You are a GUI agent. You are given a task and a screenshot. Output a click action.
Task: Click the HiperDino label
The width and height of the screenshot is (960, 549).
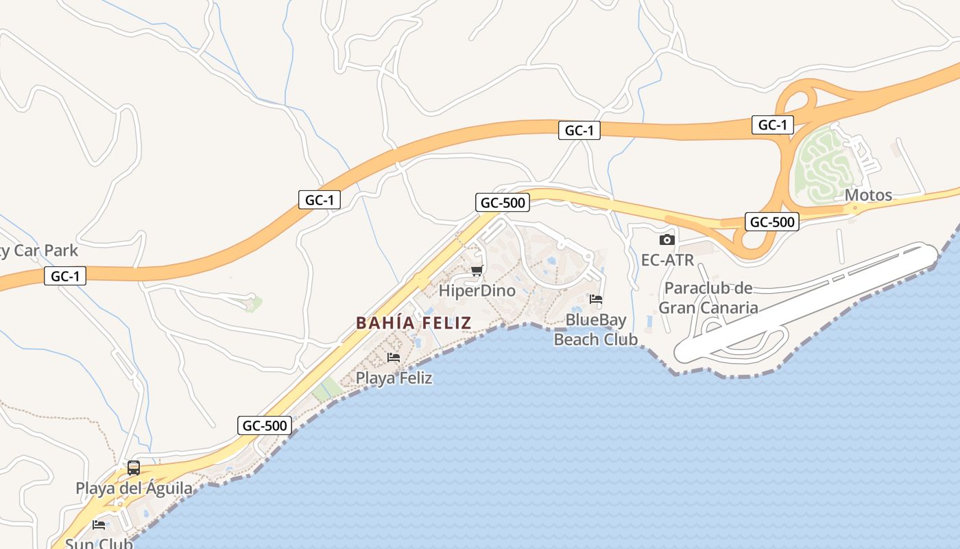point(477,290)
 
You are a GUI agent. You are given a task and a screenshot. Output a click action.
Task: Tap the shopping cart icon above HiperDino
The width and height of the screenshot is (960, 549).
point(477,270)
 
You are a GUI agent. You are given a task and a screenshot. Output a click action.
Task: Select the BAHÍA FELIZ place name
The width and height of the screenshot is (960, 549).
point(413,323)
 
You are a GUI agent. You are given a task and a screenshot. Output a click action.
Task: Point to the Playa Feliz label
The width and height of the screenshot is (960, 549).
point(394,377)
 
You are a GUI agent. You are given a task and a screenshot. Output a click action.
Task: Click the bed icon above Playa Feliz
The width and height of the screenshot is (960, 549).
point(394,358)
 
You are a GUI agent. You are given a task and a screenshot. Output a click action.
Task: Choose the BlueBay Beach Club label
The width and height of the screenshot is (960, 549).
point(595,329)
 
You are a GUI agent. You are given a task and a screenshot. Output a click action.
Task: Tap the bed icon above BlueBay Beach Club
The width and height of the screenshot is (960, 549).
point(596,299)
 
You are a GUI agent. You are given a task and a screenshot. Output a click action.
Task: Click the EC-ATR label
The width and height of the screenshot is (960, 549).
point(667,260)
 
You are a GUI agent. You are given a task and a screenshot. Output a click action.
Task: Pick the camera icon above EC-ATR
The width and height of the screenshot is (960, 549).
point(667,240)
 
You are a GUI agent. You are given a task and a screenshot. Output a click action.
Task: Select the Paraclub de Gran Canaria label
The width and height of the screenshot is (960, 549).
point(708,297)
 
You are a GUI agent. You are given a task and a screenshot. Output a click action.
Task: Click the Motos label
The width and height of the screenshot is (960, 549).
point(868,195)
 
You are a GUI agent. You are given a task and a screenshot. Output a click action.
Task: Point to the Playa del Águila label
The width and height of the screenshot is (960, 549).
point(134,488)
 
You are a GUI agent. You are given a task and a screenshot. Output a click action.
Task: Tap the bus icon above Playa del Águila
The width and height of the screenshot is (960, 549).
point(134,468)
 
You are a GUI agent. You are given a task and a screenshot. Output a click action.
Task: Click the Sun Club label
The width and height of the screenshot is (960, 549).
point(99,544)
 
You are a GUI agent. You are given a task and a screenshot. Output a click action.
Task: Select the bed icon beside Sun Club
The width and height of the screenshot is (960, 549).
point(99,525)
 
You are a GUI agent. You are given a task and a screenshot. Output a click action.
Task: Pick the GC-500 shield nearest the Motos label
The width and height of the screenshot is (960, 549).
point(772,222)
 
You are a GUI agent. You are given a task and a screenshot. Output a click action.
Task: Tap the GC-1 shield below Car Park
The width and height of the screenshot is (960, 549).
point(66,277)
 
